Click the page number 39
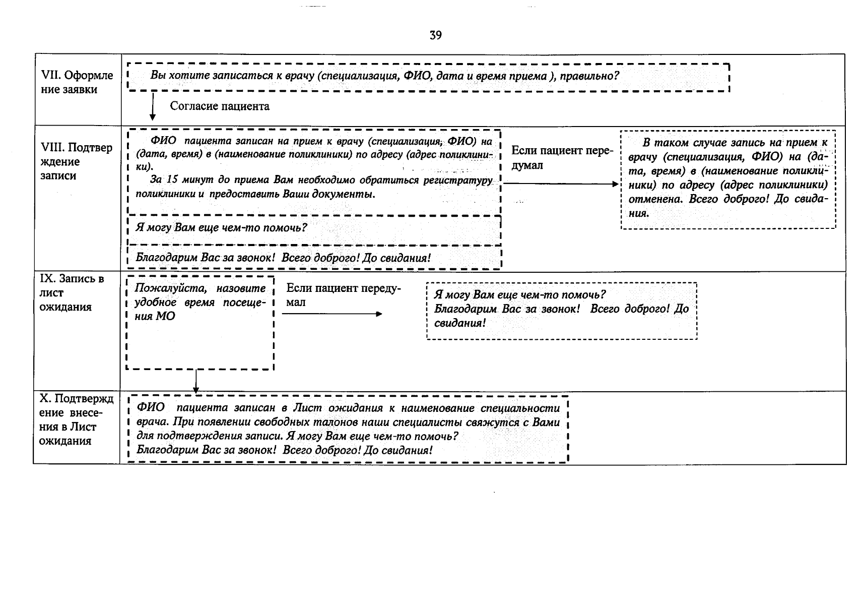tap(436, 35)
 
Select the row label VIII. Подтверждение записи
tap(76, 161)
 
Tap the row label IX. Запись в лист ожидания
tap(71, 293)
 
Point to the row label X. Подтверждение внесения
tap(76, 420)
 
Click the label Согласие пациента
tap(220, 106)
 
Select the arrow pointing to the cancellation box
tap(561, 184)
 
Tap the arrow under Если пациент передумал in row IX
tap(332, 314)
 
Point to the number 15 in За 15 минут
tap(172, 180)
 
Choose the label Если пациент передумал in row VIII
tap(562, 158)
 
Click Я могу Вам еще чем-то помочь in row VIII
tap(222, 228)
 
